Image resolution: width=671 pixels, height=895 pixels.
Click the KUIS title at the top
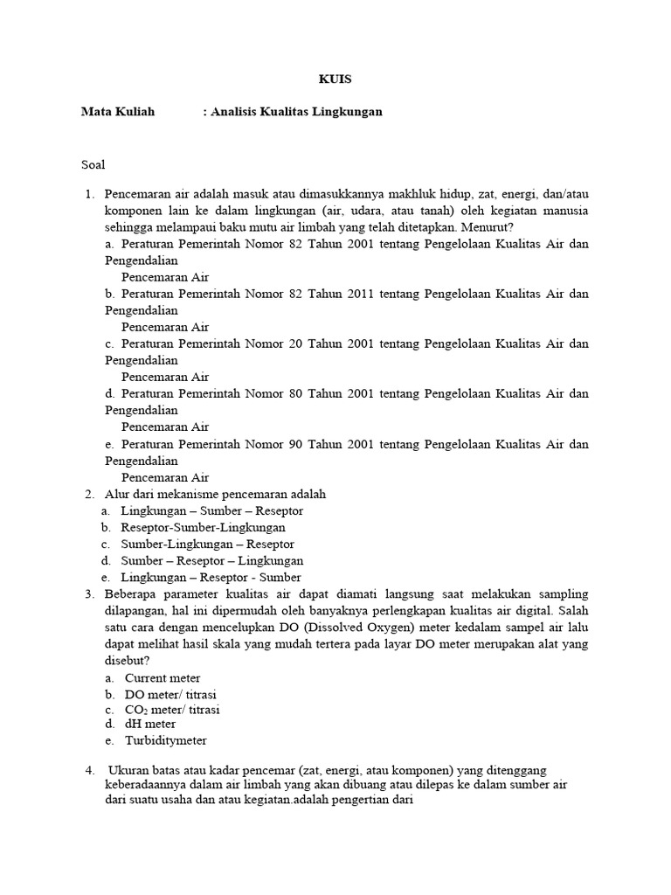335,80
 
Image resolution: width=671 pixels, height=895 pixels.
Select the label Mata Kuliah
117,112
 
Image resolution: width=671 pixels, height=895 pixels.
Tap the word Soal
93,163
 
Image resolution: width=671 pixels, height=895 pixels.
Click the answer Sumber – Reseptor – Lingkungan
212,560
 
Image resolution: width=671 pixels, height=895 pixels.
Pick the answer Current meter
163,677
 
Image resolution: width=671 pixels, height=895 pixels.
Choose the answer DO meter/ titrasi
170,694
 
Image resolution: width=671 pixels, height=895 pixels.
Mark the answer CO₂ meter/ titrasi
172,710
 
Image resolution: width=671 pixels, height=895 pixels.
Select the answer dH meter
150,724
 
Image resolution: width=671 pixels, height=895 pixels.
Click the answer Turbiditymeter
166,740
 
